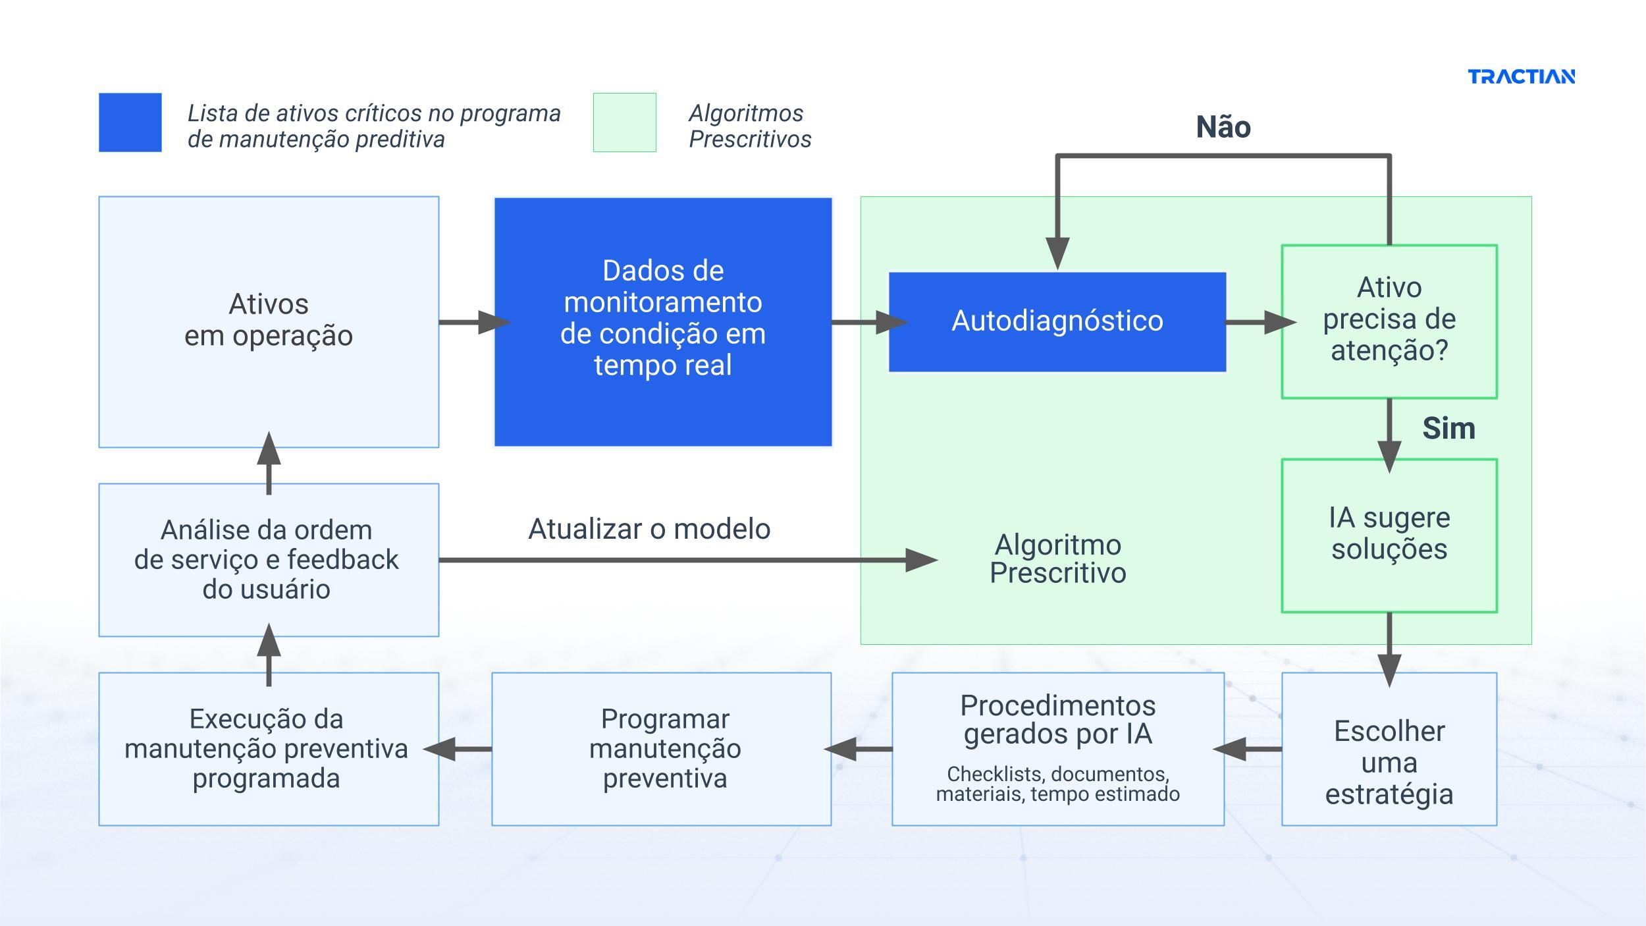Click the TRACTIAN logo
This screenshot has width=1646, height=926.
point(1521,77)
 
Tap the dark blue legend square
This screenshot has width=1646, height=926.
point(130,123)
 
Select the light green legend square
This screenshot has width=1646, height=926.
point(624,123)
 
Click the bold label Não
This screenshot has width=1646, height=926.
point(1223,127)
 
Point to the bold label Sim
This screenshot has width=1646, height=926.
point(1448,429)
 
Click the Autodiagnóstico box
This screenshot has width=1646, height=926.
point(1057,322)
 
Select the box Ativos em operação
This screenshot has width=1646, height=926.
point(269,321)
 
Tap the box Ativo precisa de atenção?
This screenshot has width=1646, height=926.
point(1389,321)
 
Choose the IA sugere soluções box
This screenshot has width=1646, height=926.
point(1389,535)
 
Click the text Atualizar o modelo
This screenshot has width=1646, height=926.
point(649,530)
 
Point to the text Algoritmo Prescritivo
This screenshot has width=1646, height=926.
point(1057,559)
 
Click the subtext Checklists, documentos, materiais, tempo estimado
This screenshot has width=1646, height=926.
point(1057,784)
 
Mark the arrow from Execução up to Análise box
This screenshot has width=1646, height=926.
point(269,655)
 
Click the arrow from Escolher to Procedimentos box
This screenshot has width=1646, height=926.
point(1248,749)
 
